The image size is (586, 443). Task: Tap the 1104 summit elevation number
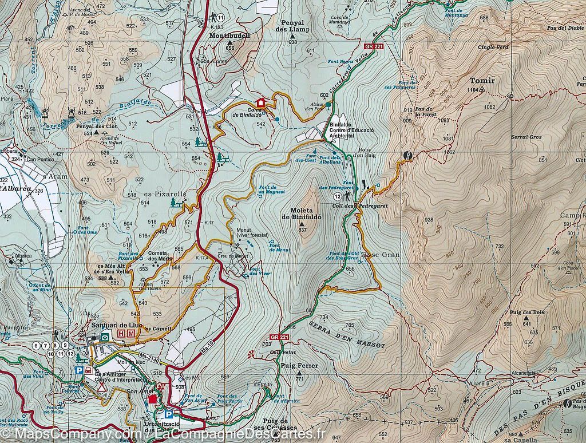tap(473, 90)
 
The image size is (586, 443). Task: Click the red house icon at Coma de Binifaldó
tap(261, 102)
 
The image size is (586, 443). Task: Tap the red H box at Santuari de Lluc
tap(121, 333)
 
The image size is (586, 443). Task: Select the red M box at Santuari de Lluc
tap(131, 333)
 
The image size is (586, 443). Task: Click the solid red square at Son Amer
tap(153, 399)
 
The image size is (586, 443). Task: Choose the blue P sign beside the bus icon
tap(79, 370)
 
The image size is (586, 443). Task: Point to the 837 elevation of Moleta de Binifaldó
tap(303, 230)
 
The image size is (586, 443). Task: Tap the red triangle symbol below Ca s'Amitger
tap(101, 386)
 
